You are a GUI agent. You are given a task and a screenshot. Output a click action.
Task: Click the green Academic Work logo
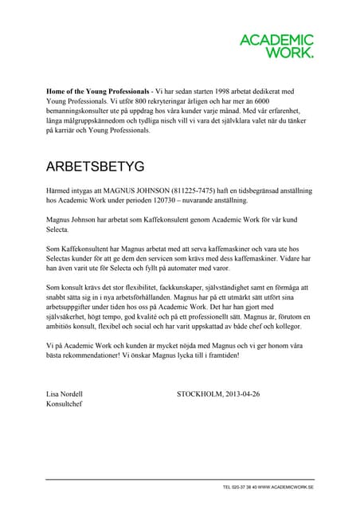coord(277,46)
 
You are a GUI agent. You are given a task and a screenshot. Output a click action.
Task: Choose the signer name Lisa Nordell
coord(65,394)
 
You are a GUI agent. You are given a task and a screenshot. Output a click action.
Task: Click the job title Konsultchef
coord(65,404)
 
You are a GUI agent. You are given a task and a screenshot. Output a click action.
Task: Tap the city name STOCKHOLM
coord(199,394)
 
